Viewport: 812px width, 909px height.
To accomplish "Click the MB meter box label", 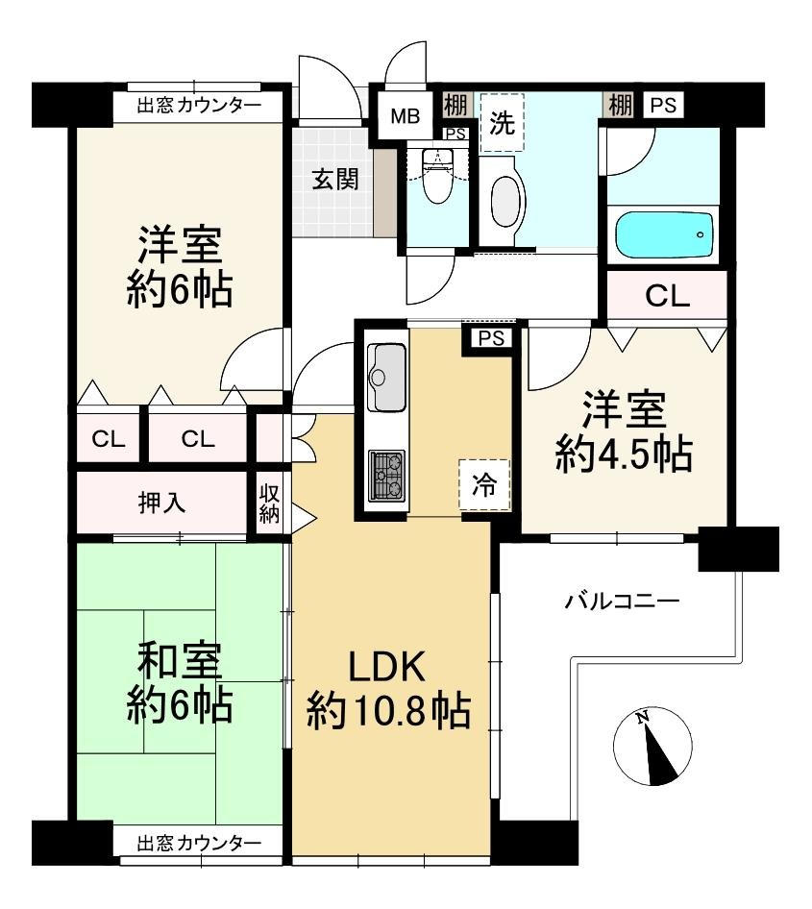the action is (405, 116).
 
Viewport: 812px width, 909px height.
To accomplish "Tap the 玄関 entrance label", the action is (335, 179).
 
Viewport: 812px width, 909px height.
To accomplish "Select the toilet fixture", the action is (436, 175).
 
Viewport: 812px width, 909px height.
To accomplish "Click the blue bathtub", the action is (664, 236).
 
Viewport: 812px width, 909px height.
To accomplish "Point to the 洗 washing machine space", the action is (502, 122).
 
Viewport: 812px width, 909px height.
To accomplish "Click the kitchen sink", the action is (385, 377).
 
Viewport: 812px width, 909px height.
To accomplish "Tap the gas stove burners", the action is (386, 475).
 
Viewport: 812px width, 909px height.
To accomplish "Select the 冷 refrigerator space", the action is (484, 484).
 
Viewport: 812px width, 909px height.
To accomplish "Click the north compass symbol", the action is (652, 746).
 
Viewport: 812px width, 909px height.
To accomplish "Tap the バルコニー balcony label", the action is (622, 601).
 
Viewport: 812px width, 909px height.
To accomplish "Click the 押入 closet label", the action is (162, 502).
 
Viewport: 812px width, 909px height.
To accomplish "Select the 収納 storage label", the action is (269, 504).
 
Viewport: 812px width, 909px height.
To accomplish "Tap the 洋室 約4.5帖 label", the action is (625, 431).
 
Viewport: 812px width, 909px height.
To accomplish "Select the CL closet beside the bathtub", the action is (668, 296).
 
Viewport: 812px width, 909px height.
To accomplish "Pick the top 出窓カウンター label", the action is (199, 106).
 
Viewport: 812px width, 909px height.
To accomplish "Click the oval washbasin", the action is (502, 201).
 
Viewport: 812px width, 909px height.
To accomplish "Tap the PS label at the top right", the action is (663, 106).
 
